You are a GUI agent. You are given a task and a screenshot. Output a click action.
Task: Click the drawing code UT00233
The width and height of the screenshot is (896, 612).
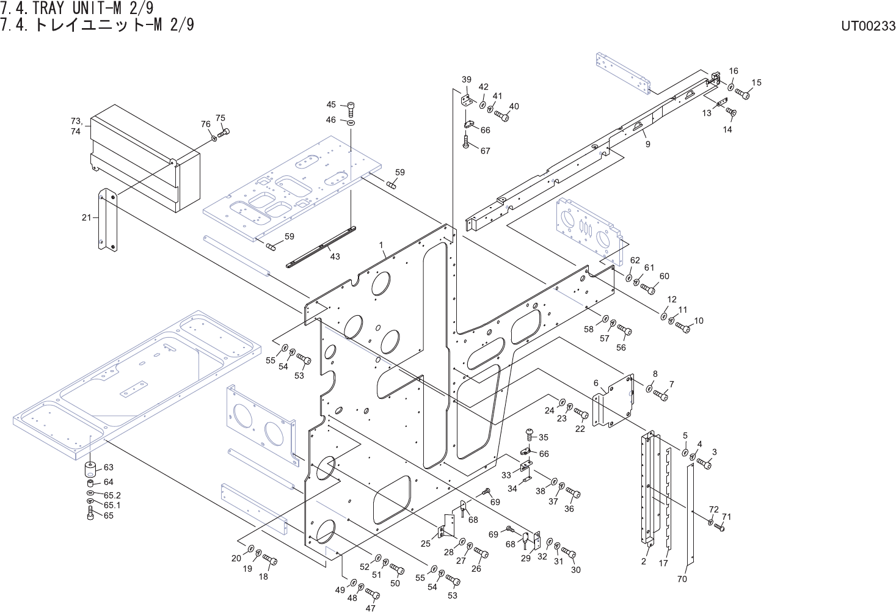[x=867, y=26]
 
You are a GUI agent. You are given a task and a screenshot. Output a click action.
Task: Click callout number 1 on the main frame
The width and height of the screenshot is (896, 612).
[x=381, y=245]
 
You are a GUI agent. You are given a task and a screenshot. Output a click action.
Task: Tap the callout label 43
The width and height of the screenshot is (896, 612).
[x=335, y=257]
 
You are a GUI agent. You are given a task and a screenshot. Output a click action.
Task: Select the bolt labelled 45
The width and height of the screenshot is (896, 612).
[x=351, y=109]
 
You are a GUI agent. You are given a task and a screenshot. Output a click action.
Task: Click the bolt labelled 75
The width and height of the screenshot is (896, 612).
[x=224, y=132]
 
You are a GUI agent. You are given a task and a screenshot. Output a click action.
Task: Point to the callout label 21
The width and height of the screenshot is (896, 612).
[x=86, y=217]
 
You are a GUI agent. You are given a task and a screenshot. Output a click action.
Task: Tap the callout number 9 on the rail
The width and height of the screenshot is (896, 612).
[x=647, y=145]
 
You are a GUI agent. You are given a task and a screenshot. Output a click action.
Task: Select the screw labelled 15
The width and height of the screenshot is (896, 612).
[x=742, y=94]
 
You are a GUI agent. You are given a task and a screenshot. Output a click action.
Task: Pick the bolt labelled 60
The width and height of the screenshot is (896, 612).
[x=648, y=288]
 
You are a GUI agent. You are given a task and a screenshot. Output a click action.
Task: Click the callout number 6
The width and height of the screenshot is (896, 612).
[x=596, y=383]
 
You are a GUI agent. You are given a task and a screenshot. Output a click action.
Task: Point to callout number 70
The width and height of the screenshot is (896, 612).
[x=682, y=578]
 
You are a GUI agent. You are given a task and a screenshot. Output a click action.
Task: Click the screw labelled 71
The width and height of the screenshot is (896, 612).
[x=719, y=526]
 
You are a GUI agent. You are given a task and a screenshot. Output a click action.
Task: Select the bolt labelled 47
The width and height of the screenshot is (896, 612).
[x=372, y=593]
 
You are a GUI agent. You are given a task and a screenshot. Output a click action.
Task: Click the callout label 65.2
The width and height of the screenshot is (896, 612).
[x=112, y=495]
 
